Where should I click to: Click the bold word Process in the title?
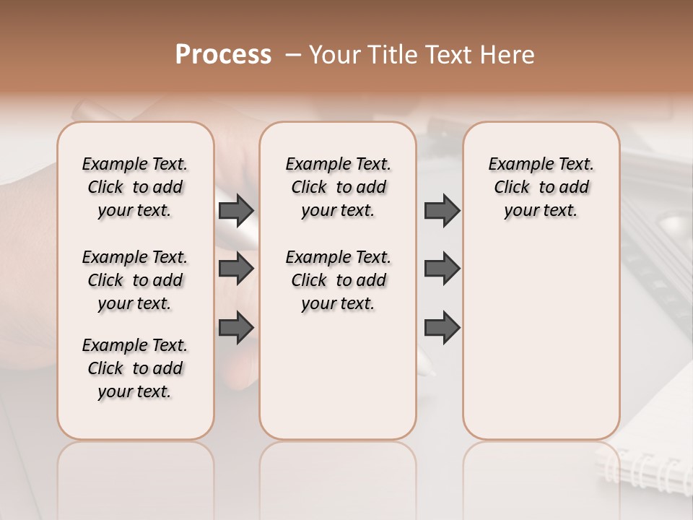pos(223,55)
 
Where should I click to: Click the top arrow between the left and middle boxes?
pos(236,211)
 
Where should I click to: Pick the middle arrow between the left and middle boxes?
pos(236,269)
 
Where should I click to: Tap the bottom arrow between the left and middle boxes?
pos(236,327)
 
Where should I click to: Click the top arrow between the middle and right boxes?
pos(442,211)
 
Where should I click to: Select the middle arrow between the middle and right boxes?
pos(442,269)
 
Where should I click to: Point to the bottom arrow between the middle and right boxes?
pos(442,327)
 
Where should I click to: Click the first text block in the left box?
pos(135,188)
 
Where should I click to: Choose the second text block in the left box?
pos(135,280)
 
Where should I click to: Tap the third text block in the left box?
pos(135,368)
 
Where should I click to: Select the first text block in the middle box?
pos(338,188)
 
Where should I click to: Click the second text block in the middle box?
pos(338,280)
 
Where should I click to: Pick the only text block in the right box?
pos(541,188)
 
